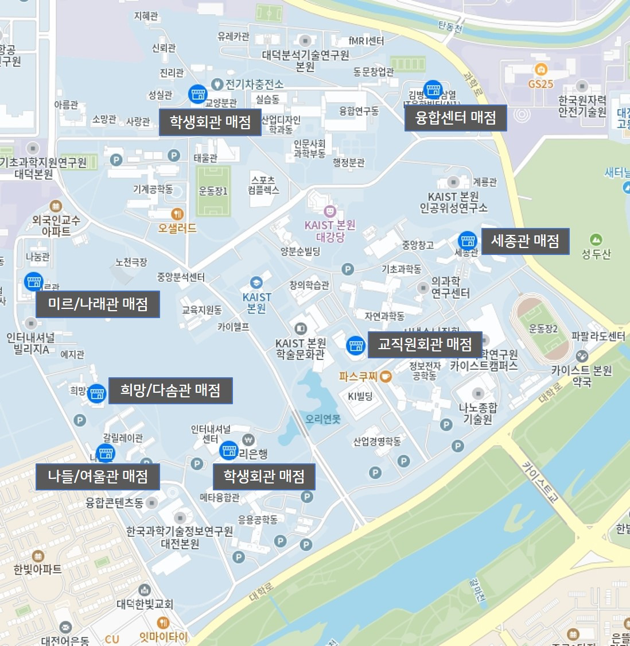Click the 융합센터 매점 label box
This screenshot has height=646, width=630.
[456, 118]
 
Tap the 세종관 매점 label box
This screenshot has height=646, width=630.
[525, 241]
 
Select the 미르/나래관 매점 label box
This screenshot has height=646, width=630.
[98, 304]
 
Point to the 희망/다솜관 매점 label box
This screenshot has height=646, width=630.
[170, 390]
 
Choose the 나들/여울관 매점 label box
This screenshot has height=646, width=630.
[98, 477]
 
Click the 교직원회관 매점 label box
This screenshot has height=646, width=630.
[425, 345]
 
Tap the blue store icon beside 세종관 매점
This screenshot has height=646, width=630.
[468, 240]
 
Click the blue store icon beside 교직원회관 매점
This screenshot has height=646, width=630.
[356, 345]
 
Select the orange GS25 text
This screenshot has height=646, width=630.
[540, 84]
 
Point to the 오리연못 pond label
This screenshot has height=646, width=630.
[322, 419]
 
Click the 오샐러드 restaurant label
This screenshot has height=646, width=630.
[177, 228]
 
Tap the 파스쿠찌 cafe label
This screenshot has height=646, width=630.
[358, 377]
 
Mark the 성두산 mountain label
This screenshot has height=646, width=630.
[596, 253]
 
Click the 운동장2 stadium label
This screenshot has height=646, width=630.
[543, 329]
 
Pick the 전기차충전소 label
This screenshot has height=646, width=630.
[254, 84]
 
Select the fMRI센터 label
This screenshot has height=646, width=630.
[366, 40]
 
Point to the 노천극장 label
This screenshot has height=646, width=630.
[131, 262]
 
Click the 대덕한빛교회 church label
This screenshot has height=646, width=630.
[145, 604]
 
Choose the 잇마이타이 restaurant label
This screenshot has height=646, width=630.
[164, 636]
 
